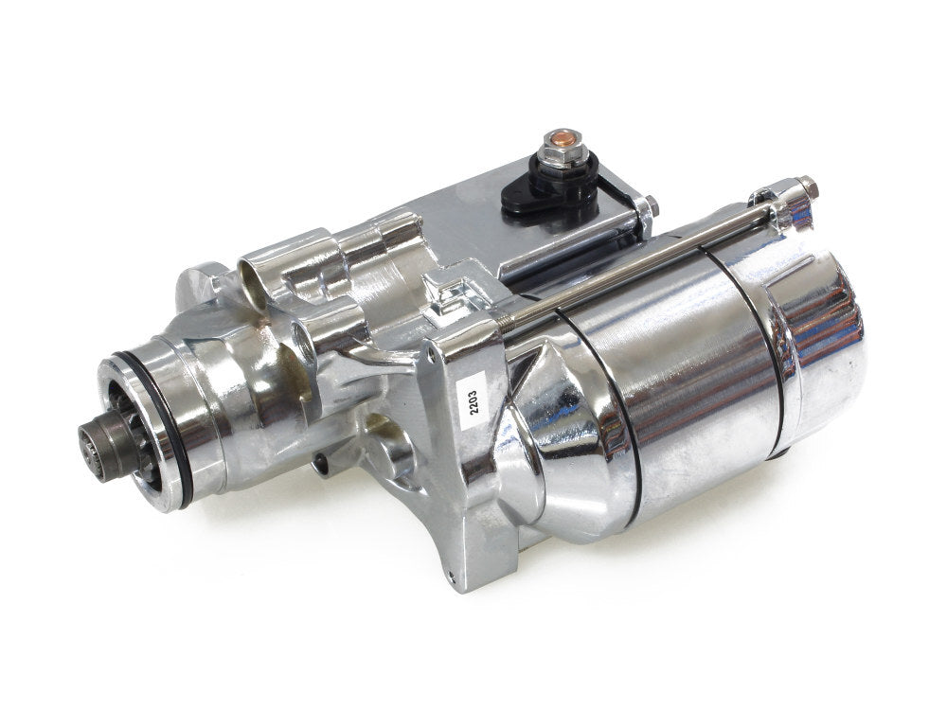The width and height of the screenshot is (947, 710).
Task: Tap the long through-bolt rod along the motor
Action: click(x=644, y=256)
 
